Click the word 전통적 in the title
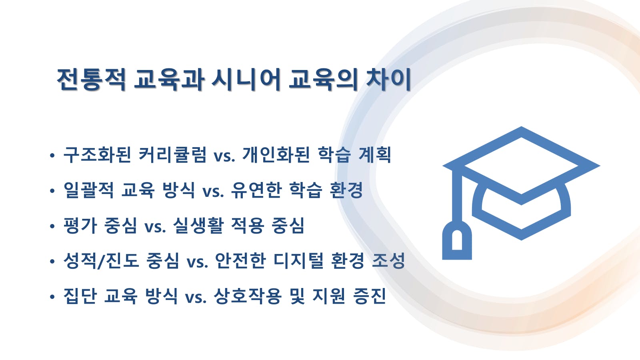tap(92, 80)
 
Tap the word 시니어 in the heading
tap(246, 80)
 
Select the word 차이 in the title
tap(388, 80)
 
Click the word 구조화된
tap(97, 155)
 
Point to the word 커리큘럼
tap(172, 155)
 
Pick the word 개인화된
tap(276, 155)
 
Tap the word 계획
tap(375, 155)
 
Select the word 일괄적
tap(88, 190)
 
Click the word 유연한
tap(256, 190)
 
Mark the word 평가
tap(80, 226)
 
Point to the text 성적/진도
tap(101, 260)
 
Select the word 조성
tap(388, 260)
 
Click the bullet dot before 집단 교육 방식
tap(52, 297)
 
